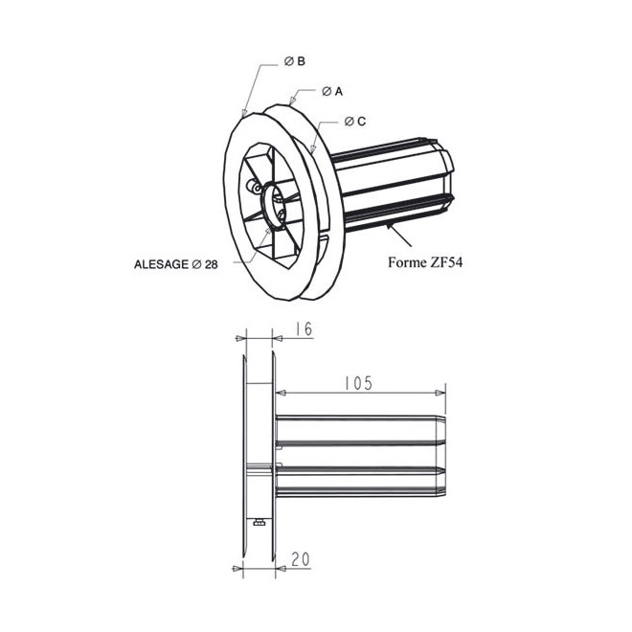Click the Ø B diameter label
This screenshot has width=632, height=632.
[295, 61]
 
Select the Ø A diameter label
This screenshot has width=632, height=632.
[332, 91]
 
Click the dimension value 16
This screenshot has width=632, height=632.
[304, 328]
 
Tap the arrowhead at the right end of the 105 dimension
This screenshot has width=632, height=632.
[441, 392]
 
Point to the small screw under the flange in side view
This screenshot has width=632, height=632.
[260, 522]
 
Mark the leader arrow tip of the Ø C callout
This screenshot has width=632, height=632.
[313, 151]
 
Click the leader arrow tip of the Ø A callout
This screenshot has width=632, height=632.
[288, 102]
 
